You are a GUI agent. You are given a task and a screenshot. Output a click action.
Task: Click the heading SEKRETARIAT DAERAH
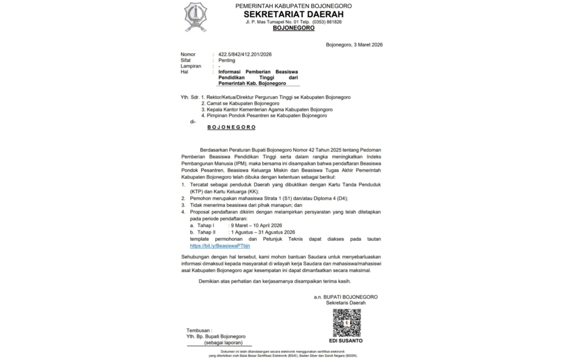pyautogui.click(x=294, y=14)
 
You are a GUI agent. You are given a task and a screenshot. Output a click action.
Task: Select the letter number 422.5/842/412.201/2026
pyautogui.click(x=245, y=54)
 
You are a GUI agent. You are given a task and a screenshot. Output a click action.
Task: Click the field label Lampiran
pyautogui.click(x=191, y=66)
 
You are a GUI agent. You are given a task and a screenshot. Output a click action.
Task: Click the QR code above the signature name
pyautogui.click(x=347, y=323)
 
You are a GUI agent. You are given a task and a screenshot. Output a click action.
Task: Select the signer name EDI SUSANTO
pyautogui.click(x=346, y=341)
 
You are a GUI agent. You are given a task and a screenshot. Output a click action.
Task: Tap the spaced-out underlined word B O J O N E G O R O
pyautogui.click(x=232, y=127)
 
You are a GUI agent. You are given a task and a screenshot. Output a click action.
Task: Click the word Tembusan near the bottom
pyautogui.click(x=199, y=330)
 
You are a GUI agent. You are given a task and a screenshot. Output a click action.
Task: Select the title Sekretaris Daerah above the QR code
pyautogui.click(x=346, y=303)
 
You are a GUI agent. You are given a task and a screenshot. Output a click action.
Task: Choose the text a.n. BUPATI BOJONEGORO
pyautogui.click(x=346, y=297)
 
